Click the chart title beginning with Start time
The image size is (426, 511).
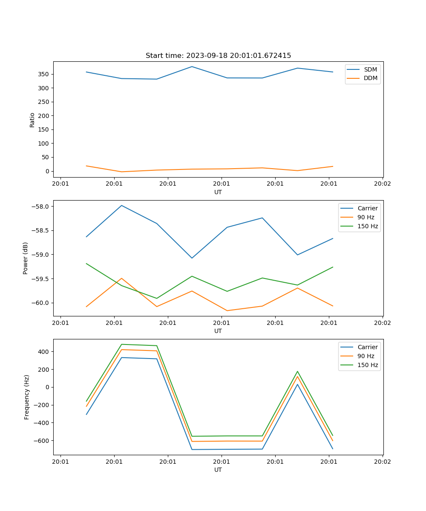click(218, 56)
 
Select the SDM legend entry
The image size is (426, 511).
click(370, 69)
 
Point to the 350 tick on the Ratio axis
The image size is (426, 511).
click(43, 74)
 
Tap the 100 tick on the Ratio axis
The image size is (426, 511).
click(43, 144)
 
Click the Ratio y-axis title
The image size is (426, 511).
click(32, 120)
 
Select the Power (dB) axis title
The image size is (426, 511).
click(26, 258)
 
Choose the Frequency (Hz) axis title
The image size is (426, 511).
click(26, 397)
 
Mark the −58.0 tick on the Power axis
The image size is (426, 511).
click(40, 207)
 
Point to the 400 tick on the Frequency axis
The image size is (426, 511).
click(43, 352)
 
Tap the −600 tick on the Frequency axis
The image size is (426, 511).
click(41, 441)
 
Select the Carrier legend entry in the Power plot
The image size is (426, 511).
click(367, 208)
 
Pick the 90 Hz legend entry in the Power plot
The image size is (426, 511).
click(366, 217)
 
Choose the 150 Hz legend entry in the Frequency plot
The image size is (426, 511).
click(368, 365)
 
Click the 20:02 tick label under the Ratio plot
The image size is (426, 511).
click(382, 184)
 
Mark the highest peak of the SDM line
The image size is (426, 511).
click(192, 66)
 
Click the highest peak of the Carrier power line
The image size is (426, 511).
click(122, 205)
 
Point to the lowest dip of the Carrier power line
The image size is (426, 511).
click(192, 258)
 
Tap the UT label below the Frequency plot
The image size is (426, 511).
click(218, 470)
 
